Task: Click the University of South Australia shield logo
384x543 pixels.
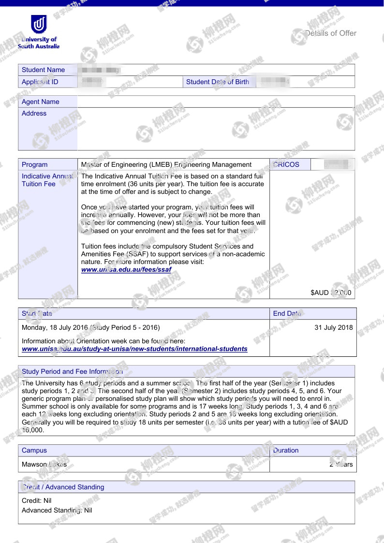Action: [x=39, y=24]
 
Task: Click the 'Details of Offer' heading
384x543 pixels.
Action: [x=331, y=33]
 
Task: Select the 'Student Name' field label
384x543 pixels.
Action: [x=43, y=70]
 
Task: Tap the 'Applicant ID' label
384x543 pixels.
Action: [x=40, y=82]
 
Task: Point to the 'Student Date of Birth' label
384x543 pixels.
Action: [x=218, y=82]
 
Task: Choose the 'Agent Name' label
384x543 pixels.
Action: [x=41, y=102]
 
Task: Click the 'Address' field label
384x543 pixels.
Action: [x=34, y=113]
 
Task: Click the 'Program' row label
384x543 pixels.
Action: [x=35, y=164]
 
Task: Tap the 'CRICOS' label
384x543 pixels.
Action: [x=286, y=164]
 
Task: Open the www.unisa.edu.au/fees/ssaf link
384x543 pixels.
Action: [x=126, y=269]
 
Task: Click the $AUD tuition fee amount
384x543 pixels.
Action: [x=331, y=293]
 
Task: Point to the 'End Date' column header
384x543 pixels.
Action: [x=287, y=313]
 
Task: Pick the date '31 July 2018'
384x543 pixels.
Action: [x=333, y=327]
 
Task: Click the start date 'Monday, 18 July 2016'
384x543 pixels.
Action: [x=55, y=327]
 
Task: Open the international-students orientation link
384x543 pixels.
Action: [x=134, y=349]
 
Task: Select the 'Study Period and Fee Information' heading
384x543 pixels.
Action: [x=72, y=371]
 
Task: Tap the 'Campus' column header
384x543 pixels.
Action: [x=34, y=450]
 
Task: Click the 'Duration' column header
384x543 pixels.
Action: [x=286, y=450]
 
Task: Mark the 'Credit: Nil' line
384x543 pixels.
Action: [x=37, y=500]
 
